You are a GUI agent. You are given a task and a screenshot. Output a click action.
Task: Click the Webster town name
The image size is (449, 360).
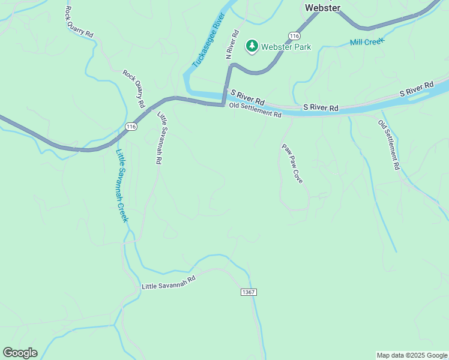coord(322,8)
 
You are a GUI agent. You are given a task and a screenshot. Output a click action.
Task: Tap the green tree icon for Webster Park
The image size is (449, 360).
coord(252,46)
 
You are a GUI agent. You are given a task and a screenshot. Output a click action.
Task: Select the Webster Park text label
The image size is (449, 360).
coord(286,46)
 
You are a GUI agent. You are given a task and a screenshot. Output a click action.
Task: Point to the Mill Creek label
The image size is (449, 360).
coord(367,42)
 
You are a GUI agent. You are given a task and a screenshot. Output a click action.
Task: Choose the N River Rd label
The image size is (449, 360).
coord(231,44)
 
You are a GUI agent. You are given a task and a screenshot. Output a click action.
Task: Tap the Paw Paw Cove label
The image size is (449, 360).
coord(292,163)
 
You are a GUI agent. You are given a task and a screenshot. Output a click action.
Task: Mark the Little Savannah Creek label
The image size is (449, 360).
coord(122,185)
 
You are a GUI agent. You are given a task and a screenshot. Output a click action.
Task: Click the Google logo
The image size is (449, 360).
coord(20,353)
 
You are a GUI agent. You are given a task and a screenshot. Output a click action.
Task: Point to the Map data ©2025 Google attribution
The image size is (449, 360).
coord(412,355)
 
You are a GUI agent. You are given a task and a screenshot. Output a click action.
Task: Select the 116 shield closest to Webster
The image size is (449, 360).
coord(293,36)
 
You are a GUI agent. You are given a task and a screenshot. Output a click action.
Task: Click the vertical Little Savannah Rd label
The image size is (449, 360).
coord(160,138)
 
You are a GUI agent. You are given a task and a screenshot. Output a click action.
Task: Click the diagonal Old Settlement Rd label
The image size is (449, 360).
coord(388,145)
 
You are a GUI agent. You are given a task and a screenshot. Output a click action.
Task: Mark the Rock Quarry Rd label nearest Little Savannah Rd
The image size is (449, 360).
coord(134,89)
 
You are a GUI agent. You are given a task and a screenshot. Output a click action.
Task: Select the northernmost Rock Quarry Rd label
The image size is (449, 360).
coord(79,22)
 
